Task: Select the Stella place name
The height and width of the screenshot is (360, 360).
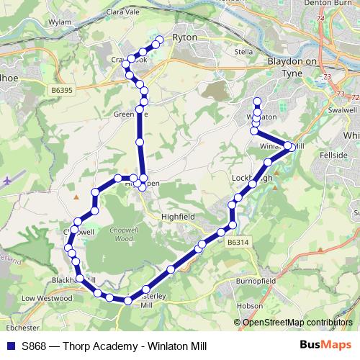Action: [243, 53]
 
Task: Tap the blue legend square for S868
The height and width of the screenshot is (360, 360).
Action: [11, 346]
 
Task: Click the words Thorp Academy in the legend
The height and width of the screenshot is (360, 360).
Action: [93, 346]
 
